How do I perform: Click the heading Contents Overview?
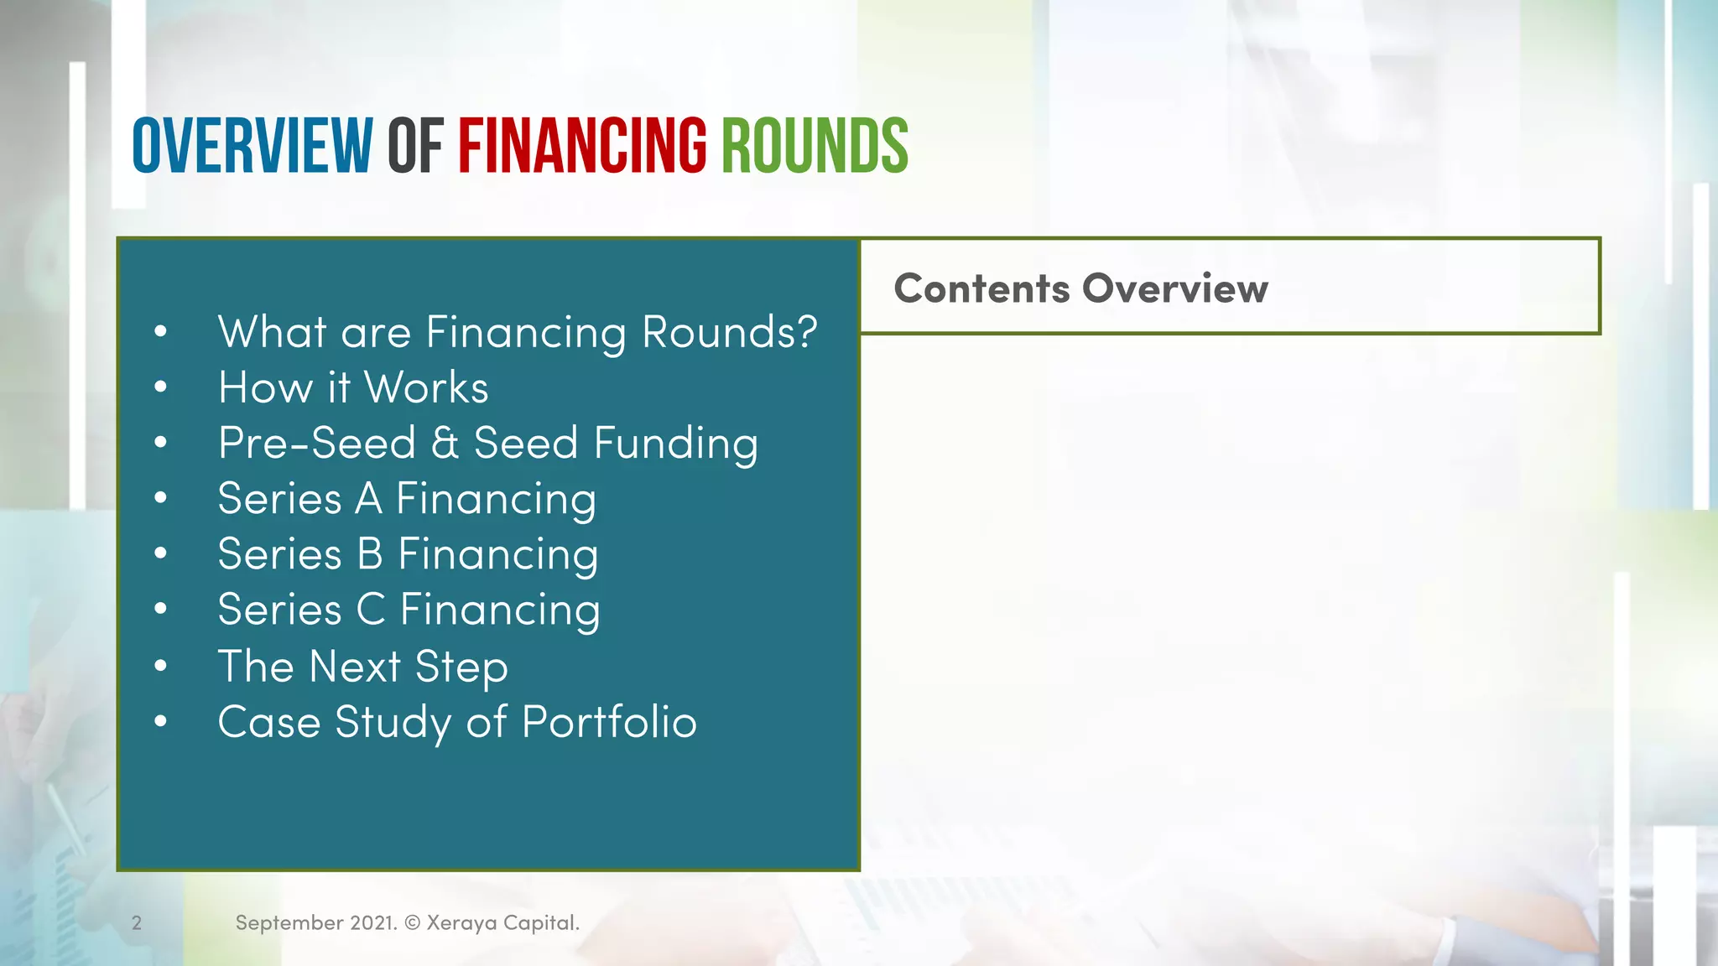click(x=1080, y=288)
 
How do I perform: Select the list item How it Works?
click(x=353, y=387)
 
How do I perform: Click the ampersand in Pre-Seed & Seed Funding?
click(x=445, y=443)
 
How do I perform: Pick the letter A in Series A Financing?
click(x=368, y=498)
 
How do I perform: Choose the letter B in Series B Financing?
click(x=369, y=554)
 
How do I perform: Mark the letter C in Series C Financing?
click(x=370, y=610)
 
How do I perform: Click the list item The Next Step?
click(x=362, y=667)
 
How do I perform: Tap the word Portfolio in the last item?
click(x=609, y=722)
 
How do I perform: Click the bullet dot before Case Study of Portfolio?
click(x=161, y=721)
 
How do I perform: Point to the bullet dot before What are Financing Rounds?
click(x=161, y=331)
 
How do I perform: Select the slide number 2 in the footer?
click(x=137, y=923)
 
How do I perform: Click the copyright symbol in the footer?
click(x=412, y=923)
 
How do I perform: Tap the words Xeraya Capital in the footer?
click(x=502, y=923)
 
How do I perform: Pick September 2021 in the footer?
click(x=315, y=923)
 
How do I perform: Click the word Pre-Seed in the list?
click(x=316, y=443)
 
